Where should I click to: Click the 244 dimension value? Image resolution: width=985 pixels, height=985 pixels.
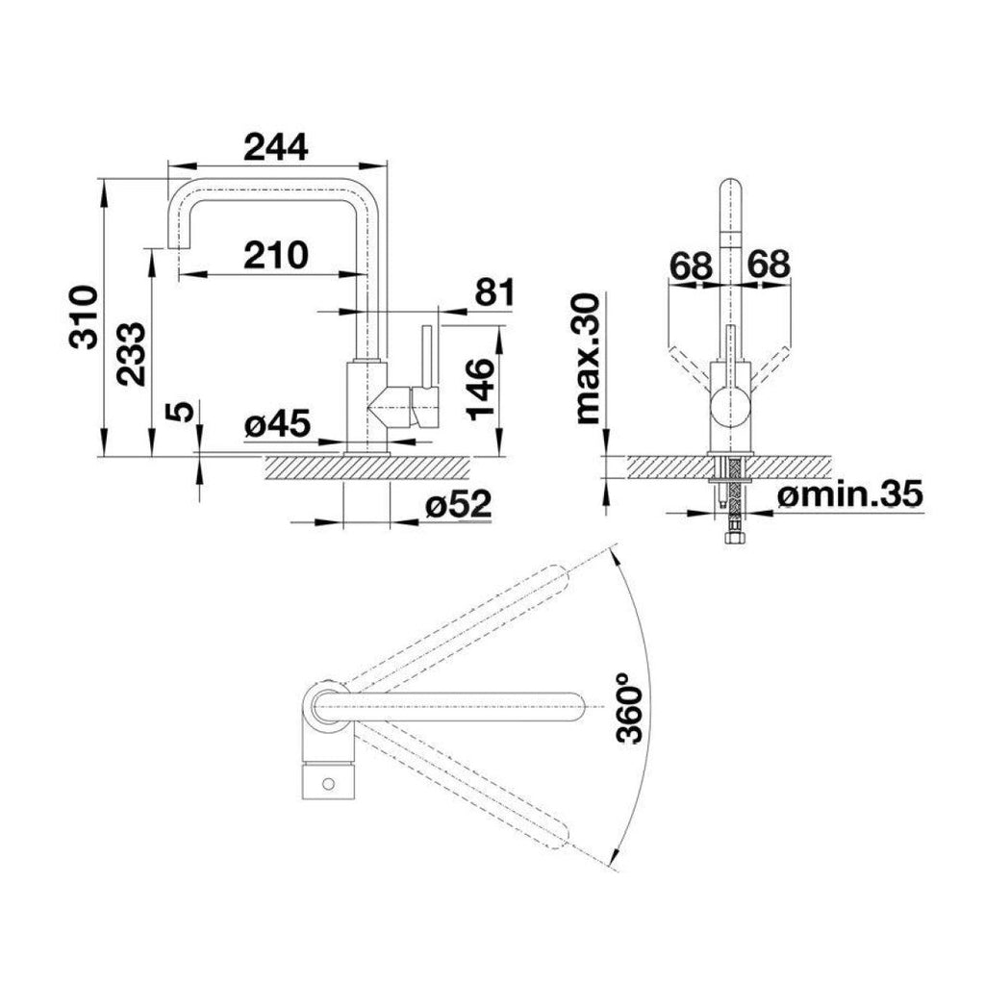(x=276, y=147)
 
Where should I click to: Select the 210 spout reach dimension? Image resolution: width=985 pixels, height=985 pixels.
(x=276, y=255)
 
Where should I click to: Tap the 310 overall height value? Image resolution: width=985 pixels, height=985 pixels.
(x=85, y=317)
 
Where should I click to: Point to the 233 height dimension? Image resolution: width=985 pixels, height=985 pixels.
(x=131, y=354)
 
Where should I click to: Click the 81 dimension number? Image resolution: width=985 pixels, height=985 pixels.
(x=495, y=292)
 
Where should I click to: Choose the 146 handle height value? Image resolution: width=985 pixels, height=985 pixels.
(x=481, y=389)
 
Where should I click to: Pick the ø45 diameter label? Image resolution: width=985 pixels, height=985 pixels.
(x=277, y=423)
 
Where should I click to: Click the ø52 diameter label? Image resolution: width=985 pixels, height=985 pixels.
(x=458, y=504)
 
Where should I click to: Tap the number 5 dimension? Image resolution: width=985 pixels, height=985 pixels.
(x=179, y=412)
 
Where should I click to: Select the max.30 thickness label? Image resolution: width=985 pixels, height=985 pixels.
(x=588, y=359)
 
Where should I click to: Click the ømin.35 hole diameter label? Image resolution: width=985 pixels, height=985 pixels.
(x=850, y=493)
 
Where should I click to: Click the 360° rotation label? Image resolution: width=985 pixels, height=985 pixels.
(x=631, y=707)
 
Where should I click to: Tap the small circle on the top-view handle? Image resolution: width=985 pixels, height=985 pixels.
(x=328, y=783)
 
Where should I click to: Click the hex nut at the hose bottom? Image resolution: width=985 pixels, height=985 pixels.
(x=734, y=539)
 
